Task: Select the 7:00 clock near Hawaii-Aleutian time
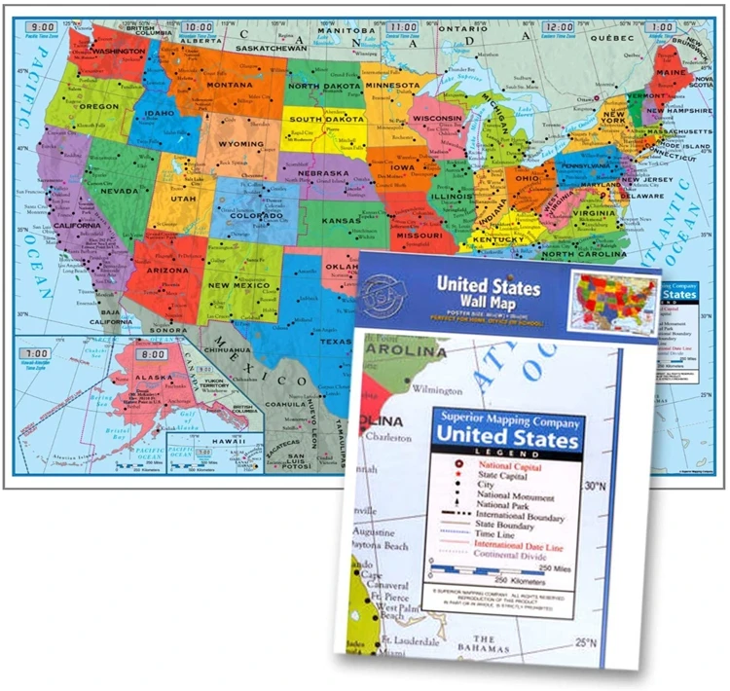37,352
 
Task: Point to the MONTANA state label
230,85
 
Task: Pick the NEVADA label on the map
119,191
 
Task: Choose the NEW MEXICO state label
232,285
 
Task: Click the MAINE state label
671,70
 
